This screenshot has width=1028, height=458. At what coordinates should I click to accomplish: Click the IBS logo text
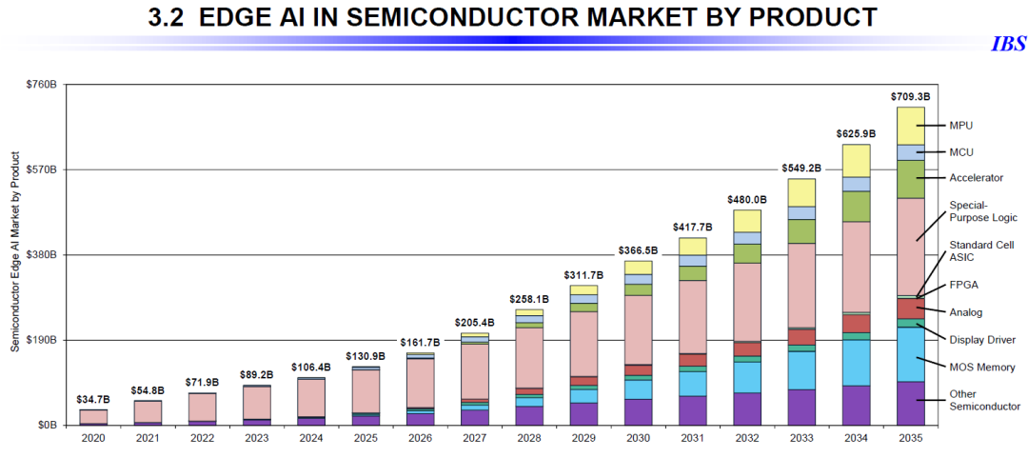pos(1008,45)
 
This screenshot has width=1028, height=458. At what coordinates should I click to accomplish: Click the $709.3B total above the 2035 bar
pos(910,97)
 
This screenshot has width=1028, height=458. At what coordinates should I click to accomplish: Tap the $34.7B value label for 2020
pos(93,399)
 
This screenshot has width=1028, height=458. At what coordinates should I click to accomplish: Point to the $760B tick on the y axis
pos(43,85)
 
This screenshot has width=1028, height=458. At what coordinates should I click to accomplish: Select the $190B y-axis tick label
pos(43,340)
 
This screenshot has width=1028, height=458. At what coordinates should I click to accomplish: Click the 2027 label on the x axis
pos(474,438)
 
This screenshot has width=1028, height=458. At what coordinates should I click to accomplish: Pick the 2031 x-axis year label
pos(692,438)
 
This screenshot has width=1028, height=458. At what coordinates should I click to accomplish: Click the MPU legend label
pos(961,125)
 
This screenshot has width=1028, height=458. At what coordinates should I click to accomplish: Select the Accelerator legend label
pos(977,178)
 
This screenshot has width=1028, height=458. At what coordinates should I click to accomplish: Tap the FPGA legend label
pos(963,285)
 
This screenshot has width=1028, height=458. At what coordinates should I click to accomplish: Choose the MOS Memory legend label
pos(982,368)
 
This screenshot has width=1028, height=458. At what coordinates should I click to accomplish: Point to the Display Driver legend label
pos(982,340)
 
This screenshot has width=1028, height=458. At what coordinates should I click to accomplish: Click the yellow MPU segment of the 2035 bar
pos(910,126)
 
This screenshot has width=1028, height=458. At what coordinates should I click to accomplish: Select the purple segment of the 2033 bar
pos(801,407)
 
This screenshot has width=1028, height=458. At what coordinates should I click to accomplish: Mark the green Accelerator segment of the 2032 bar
pos(747,253)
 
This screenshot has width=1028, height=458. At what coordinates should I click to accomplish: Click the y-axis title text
pos(15,249)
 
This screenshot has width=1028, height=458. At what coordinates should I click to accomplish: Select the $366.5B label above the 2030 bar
pos(638,250)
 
